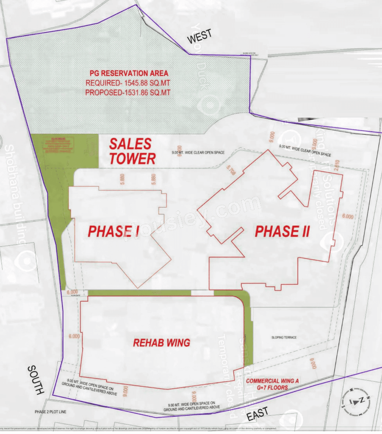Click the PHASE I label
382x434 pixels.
(114, 231)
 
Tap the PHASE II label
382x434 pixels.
(282, 231)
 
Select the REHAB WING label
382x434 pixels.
(161, 343)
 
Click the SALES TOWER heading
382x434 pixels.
(132, 151)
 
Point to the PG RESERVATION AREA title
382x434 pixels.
(129, 73)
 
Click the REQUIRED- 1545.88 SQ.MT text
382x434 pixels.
(128, 83)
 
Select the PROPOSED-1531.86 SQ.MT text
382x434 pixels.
(128, 92)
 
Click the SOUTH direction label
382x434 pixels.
(36, 379)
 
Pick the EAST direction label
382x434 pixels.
(257, 414)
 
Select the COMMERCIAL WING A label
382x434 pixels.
(272, 381)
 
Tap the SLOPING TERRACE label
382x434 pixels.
(284, 337)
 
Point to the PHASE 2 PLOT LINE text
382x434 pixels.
(50, 412)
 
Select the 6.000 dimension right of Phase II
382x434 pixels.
(348, 217)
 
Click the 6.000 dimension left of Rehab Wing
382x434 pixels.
(74, 336)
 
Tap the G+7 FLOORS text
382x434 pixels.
(272, 388)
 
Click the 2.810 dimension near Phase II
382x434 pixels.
(337, 165)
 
